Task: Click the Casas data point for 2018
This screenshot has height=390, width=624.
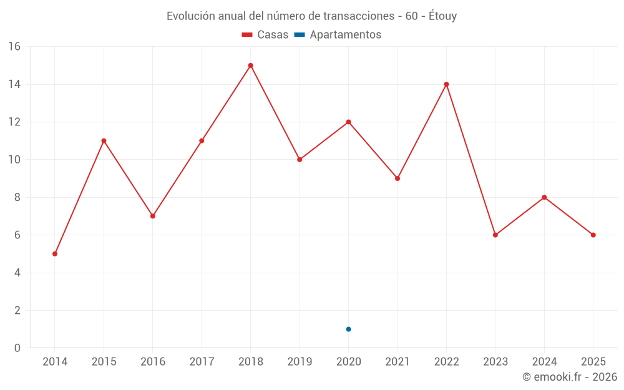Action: [250, 66]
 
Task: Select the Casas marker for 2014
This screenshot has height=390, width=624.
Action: [55, 254]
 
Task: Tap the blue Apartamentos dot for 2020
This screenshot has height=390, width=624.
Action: [348, 329]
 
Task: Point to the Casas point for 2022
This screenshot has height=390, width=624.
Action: [446, 84]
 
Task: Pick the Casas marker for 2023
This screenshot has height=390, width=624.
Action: [495, 235]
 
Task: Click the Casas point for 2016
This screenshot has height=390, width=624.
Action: [153, 216]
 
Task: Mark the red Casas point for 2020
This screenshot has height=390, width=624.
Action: [348, 122]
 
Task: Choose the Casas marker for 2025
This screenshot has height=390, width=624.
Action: [593, 235]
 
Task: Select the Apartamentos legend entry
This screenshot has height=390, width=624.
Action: [345, 35]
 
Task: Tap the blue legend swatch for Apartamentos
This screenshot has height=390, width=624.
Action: [300, 35]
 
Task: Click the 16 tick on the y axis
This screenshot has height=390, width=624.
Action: [14, 47]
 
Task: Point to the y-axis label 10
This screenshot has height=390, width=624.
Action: [14, 160]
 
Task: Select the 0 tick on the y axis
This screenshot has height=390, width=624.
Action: [17, 348]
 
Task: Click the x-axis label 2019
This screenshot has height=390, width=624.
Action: [300, 362]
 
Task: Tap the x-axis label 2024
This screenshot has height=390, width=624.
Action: [544, 362]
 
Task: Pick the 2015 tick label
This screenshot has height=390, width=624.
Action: [104, 362]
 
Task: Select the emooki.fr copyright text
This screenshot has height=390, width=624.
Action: [570, 377]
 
